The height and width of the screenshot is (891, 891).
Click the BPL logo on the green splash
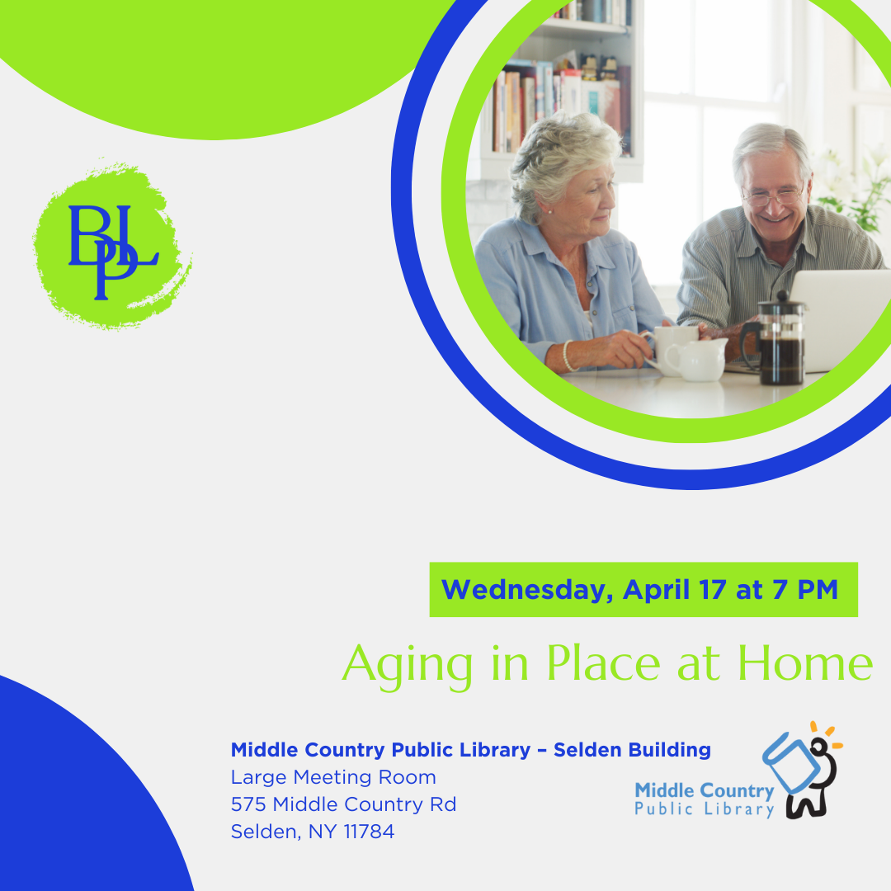[x=111, y=251]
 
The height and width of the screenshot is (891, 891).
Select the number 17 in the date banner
[x=713, y=589]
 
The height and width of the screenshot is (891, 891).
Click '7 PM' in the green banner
[x=804, y=589]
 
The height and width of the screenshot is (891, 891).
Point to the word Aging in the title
[x=407, y=666]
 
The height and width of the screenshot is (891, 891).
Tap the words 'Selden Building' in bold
[x=632, y=750]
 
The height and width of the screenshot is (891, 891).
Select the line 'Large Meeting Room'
[x=333, y=777]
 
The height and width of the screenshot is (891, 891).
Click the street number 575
[x=248, y=804]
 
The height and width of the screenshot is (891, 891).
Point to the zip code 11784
[x=369, y=832]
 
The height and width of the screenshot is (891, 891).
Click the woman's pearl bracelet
[x=567, y=356]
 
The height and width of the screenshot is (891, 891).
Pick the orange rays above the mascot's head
[x=827, y=733]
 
